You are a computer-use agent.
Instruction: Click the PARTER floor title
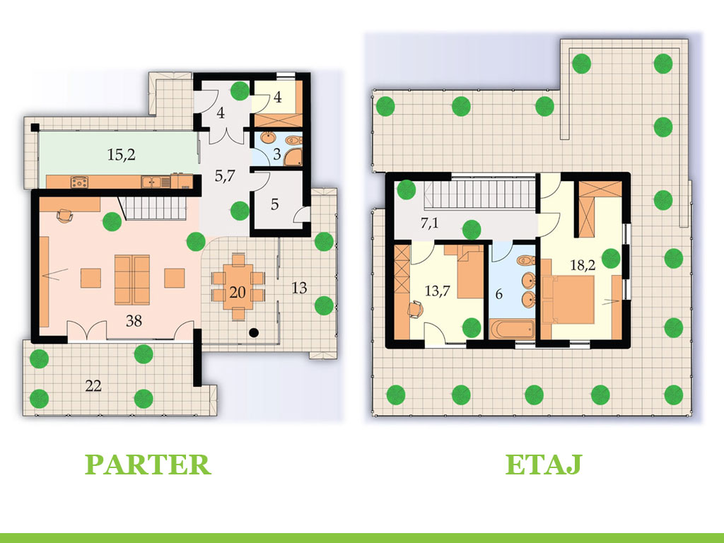148,465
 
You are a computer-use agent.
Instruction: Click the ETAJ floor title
543,465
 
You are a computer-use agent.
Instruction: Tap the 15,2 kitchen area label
122,155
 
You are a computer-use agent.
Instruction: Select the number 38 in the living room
134,321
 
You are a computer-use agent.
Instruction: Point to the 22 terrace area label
93,386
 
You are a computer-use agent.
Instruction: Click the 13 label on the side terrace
299,288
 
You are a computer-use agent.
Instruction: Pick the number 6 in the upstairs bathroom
499,294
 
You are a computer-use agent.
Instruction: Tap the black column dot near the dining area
254,332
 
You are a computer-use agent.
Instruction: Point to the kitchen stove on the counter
79,182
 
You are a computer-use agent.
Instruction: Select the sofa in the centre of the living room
132,278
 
